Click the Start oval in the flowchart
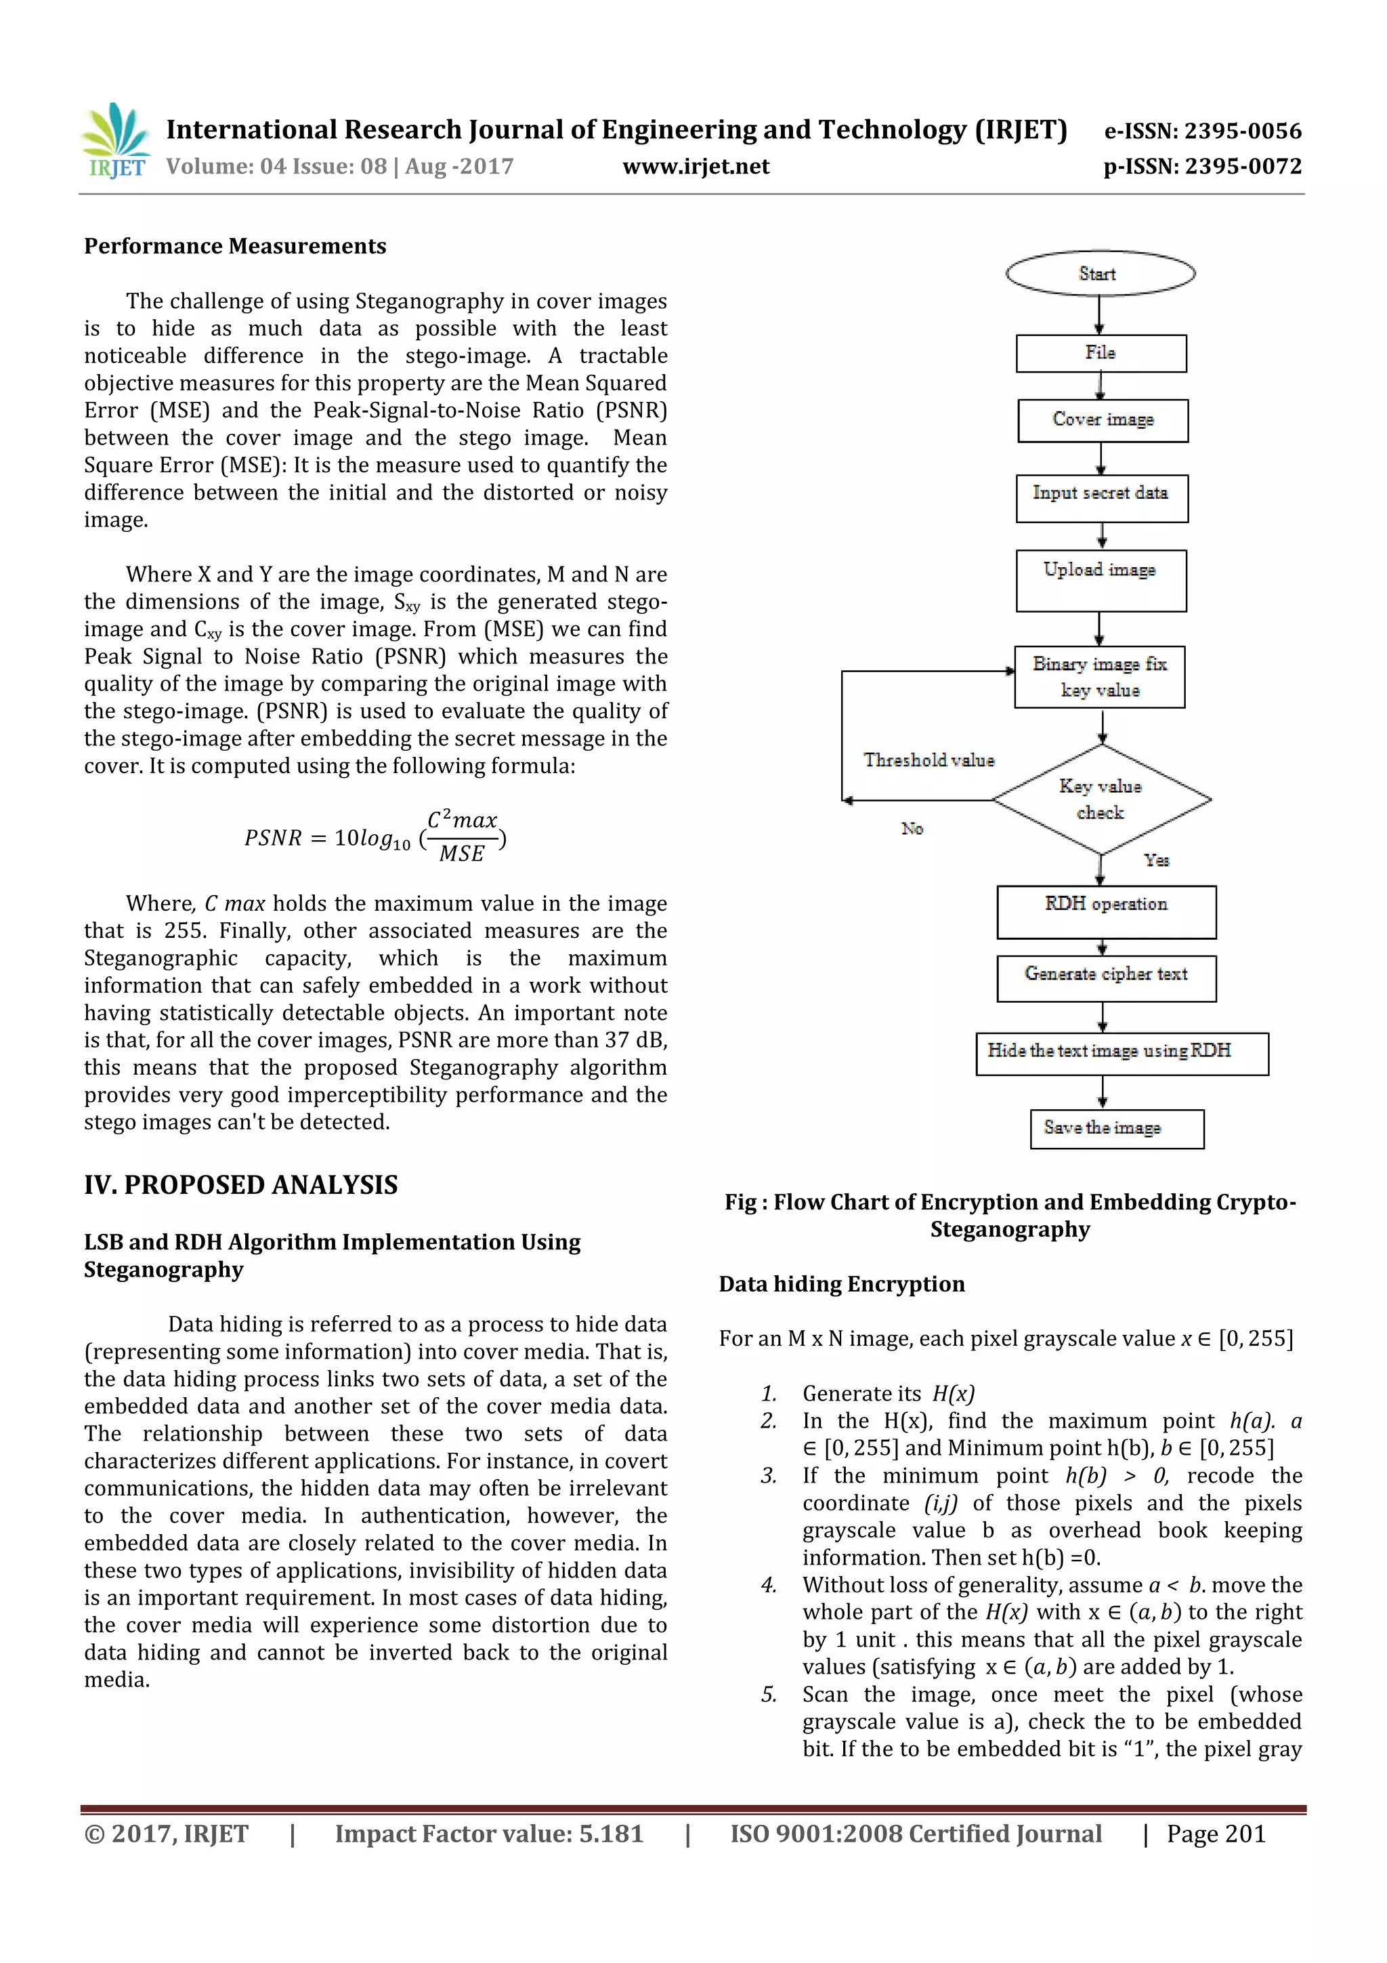1099,274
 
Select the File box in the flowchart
1101,353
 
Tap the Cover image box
1103,420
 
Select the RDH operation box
1106,911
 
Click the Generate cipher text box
1106,977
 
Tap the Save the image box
1116,1129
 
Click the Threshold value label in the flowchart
929,760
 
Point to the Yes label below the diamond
1156,860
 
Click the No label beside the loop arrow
912,829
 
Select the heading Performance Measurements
235,246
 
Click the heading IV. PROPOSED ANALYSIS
241,1185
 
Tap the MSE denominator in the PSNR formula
461,853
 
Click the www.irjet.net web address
696,167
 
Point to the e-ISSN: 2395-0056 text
1202,131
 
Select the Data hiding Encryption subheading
842,1284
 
